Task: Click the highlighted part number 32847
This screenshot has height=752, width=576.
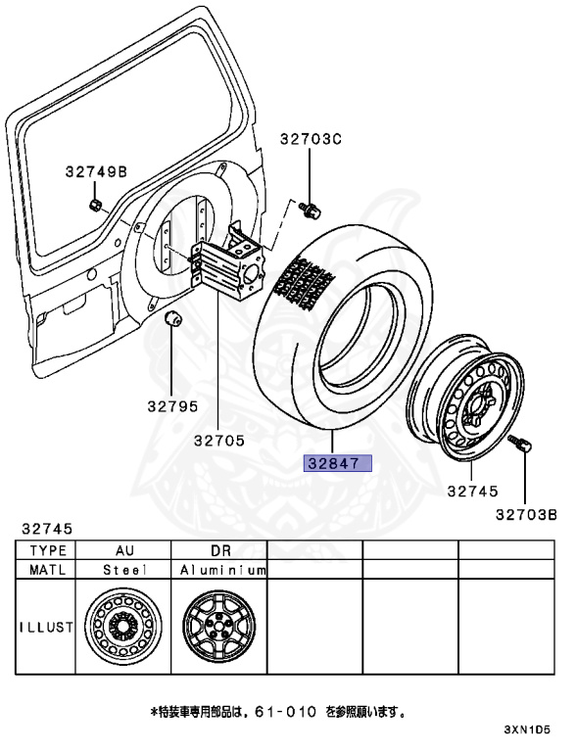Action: tap(338, 463)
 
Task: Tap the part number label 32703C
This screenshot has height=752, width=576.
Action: tap(311, 139)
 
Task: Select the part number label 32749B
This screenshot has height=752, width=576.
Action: tap(96, 171)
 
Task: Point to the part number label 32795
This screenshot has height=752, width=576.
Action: tap(172, 406)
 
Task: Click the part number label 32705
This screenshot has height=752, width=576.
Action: tap(219, 441)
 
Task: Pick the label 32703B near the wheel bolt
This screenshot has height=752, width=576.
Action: tap(526, 515)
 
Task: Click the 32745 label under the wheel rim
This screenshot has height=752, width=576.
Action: tap(473, 492)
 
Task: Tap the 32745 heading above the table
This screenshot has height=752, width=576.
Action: tap(47, 529)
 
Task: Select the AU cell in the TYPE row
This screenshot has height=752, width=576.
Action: tap(124, 550)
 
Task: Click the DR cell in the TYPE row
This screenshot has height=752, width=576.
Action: tap(220, 550)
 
